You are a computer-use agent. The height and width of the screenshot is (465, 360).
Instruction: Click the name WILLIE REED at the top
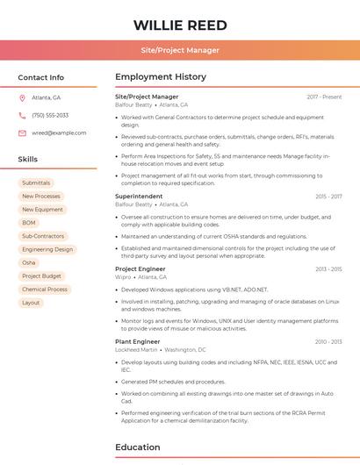click(x=180, y=25)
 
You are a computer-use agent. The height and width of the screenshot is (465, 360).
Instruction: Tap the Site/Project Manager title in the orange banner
click(x=180, y=50)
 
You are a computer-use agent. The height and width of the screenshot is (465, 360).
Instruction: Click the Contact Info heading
click(x=40, y=77)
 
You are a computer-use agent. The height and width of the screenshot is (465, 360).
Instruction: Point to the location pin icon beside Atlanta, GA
click(x=22, y=97)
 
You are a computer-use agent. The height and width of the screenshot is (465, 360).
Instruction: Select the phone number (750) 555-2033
click(x=50, y=115)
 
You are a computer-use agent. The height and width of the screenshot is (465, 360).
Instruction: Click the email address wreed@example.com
click(x=59, y=132)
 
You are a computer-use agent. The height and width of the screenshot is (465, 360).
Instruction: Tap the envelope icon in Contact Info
click(x=22, y=132)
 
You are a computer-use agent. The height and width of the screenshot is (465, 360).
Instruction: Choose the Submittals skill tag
click(x=36, y=182)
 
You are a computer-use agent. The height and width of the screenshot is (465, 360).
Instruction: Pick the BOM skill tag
click(x=29, y=223)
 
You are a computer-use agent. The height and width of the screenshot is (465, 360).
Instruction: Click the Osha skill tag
click(x=29, y=262)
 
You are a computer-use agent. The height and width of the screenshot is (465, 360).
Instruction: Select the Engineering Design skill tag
click(x=47, y=249)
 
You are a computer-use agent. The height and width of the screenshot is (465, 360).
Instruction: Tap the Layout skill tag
click(x=31, y=303)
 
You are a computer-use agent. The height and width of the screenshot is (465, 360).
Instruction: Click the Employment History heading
click(x=161, y=77)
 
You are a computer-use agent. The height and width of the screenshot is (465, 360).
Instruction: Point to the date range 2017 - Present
click(x=324, y=97)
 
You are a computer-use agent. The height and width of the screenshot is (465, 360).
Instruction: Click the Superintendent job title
click(x=139, y=197)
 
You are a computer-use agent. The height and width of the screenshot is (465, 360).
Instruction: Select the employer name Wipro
click(x=123, y=276)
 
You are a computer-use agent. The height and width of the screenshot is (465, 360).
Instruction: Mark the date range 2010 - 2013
click(x=328, y=341)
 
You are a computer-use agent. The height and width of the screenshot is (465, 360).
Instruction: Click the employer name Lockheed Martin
click(x=136, y=349)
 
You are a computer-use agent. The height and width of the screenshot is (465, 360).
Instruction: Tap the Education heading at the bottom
click(x=138, y=447)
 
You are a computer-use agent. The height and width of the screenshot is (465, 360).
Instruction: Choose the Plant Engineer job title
click(x=138, y=341)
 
